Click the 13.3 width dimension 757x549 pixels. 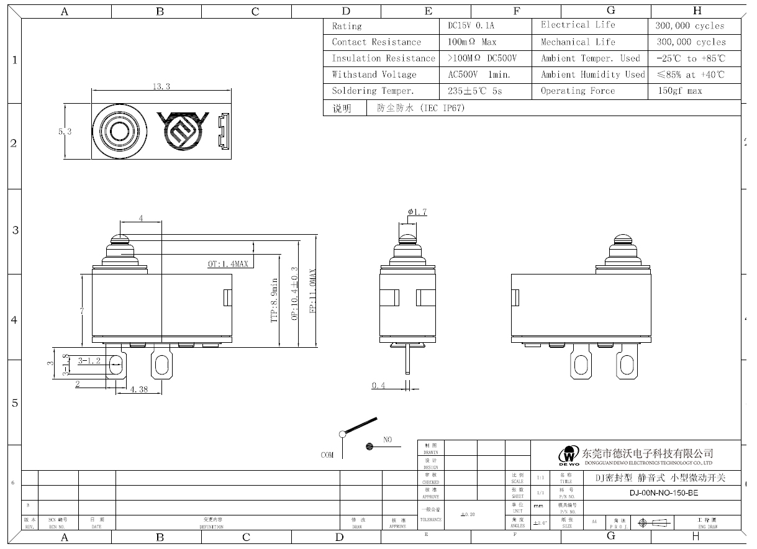[161, 86]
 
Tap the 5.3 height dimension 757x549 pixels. [65, 132]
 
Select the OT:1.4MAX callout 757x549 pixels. [227, 264]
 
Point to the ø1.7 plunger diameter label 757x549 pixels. [417, 212]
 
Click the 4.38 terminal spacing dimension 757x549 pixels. [139, 389]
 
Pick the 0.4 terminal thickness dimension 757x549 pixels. [378, 386]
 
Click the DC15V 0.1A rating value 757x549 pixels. [472, 26]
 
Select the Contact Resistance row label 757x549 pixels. [376, 42]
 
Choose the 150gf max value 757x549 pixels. [679, 91]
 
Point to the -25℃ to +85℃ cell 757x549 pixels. [691, 58]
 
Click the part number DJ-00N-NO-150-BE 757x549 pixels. [663, 493]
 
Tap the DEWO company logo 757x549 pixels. [568, 456]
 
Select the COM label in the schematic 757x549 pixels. [327, 455]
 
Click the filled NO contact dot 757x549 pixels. [369, 446]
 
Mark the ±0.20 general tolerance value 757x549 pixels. [468, 514]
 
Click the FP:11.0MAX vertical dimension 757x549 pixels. [313, 291]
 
